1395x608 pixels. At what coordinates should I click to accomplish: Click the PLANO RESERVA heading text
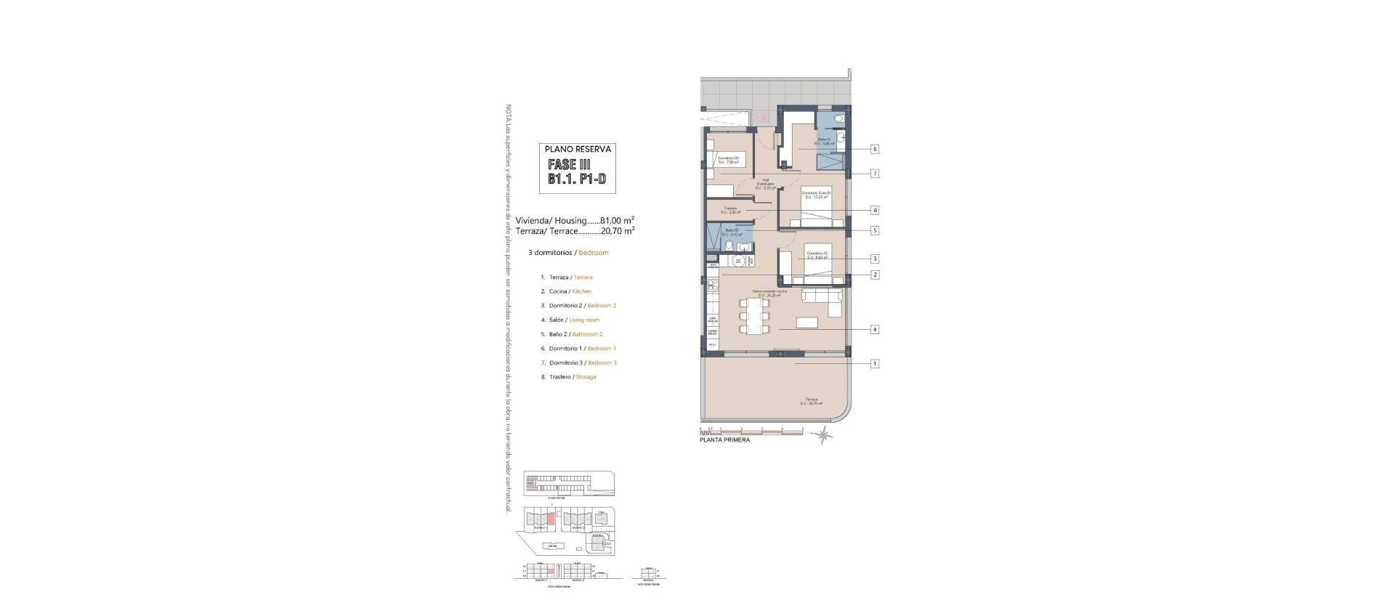578,149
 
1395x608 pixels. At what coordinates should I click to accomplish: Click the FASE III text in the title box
570,164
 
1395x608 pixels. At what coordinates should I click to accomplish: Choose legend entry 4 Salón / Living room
574,320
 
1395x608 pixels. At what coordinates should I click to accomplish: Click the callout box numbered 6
875,149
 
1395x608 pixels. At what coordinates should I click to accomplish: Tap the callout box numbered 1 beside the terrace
875,363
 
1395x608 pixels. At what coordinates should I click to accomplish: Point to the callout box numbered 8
875,210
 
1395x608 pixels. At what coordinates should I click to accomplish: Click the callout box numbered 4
875,329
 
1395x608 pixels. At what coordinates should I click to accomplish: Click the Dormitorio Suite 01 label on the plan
816,194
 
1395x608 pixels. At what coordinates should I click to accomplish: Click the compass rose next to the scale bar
823,436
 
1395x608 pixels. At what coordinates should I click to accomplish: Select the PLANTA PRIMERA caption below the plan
724,440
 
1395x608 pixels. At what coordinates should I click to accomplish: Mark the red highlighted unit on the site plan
551,519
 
